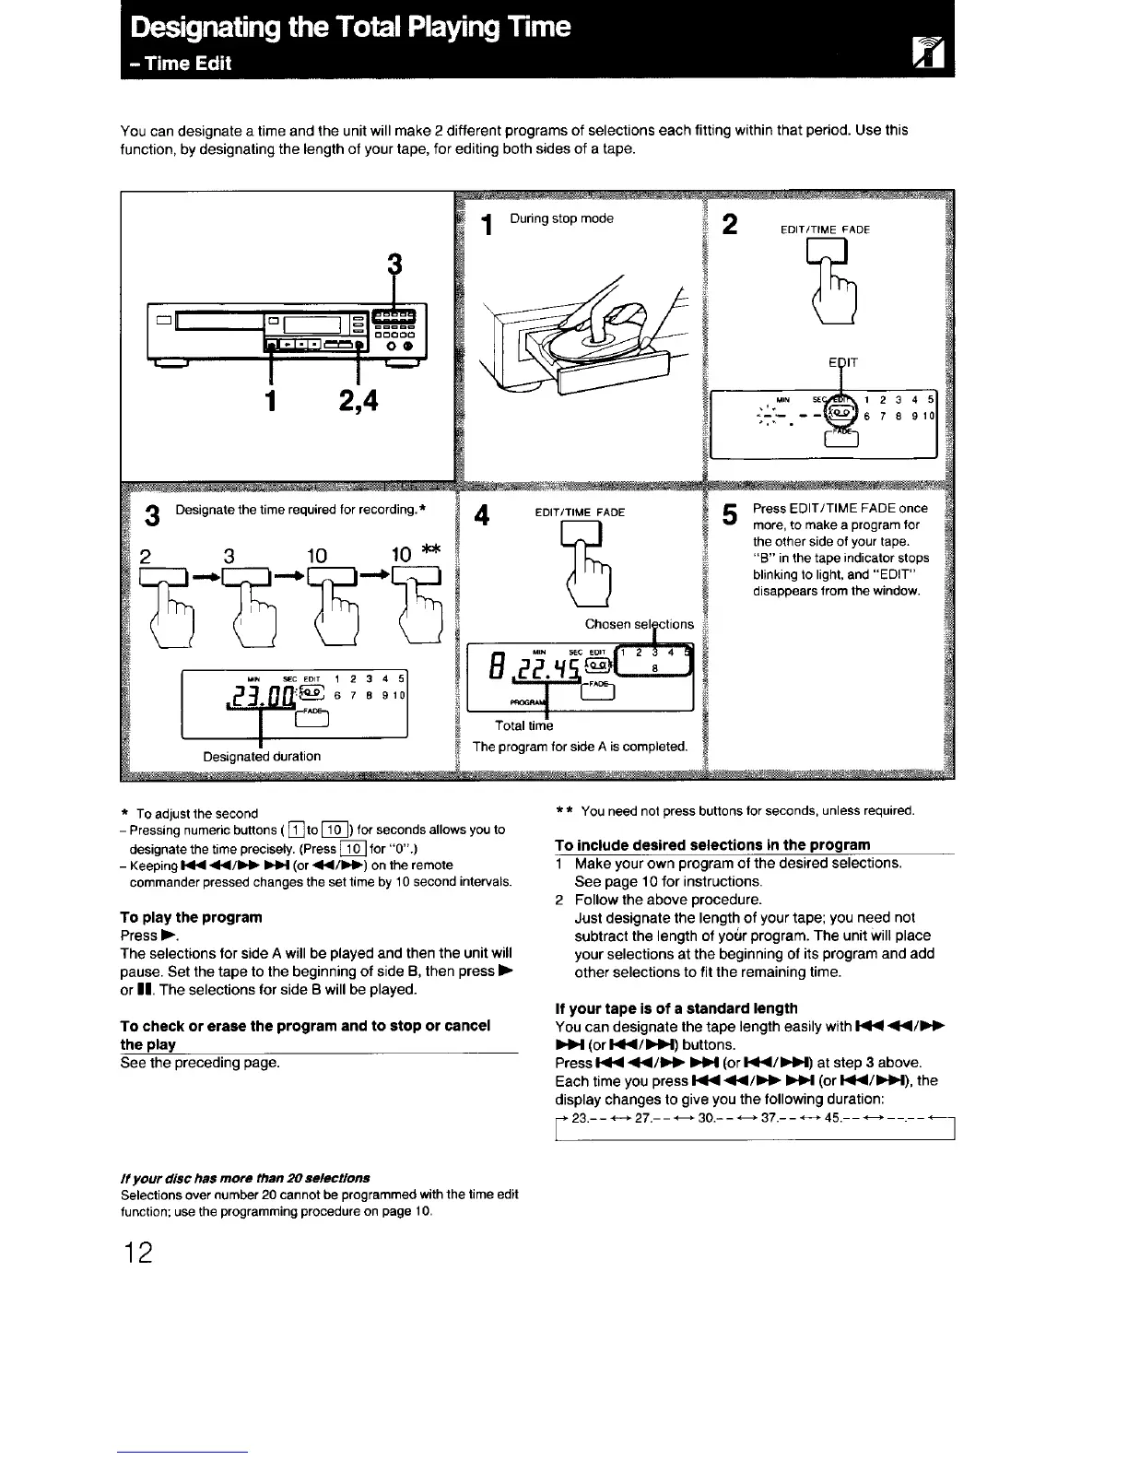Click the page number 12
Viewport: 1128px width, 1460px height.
135,1254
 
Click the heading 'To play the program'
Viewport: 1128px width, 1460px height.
191,917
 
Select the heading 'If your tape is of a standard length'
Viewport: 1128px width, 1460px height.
676,1008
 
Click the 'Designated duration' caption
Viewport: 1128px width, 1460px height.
262,756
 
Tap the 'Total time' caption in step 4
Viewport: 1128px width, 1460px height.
523,725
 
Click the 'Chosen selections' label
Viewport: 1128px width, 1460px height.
640,624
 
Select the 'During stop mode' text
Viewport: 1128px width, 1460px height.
561,218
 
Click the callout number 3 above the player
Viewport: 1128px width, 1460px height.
394,265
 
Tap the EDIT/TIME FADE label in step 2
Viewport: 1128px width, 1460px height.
826,230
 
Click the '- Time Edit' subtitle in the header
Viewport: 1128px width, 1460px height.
181,63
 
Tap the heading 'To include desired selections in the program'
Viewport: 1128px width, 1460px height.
712,844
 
